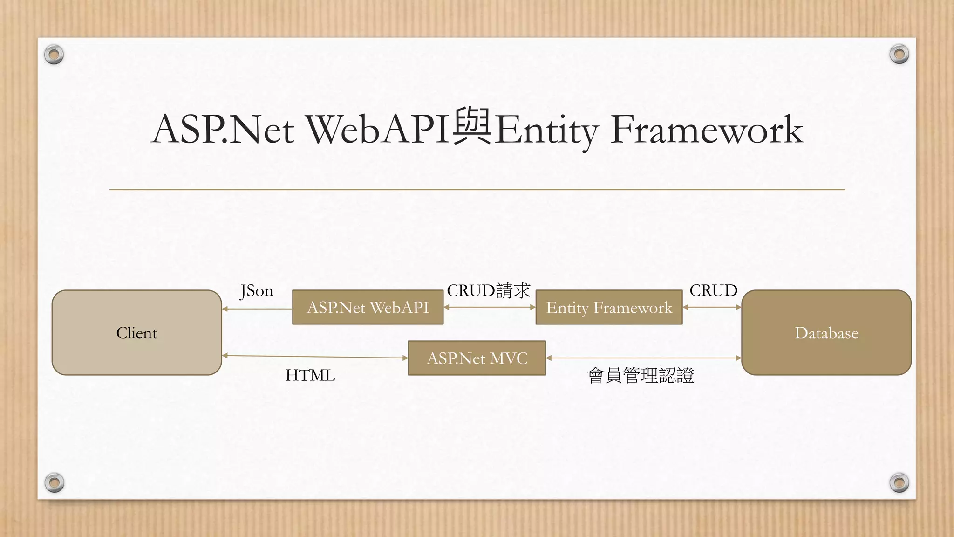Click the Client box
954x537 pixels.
(x=136, y=332)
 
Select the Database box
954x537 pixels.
(x=826, y=332)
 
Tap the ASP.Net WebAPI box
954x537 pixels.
(x=368, y=307)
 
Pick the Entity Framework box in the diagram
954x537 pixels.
(x=609, y=307)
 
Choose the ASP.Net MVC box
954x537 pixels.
(x=477, y=358)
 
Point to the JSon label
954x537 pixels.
(x=256, y=291)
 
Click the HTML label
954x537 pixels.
(x=310, y=375)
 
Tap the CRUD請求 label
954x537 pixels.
(x=489, y=290)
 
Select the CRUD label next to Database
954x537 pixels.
(x=713, y=290)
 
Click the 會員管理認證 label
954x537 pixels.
(x=641, y=375)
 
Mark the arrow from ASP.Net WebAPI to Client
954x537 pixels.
(x=257, y=309)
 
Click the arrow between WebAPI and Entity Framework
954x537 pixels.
(x=490, y=307)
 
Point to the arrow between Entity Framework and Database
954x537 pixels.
(x=712, y=307)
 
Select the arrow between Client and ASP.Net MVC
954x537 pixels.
(x=315, y=357)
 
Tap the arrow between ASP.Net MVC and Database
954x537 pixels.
(x=643, y=358)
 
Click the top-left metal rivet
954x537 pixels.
(x=54, y=55)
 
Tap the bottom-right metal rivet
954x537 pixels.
(x=899, y=482)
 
